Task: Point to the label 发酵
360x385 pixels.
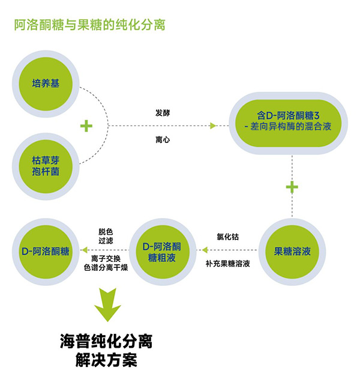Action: (x=163, y=112)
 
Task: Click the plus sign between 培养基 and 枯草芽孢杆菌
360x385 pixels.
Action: (x=87, y=125)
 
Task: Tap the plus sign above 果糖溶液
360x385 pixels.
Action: (x=292, y=187)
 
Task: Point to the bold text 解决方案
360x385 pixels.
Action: (x=107, y=362)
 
